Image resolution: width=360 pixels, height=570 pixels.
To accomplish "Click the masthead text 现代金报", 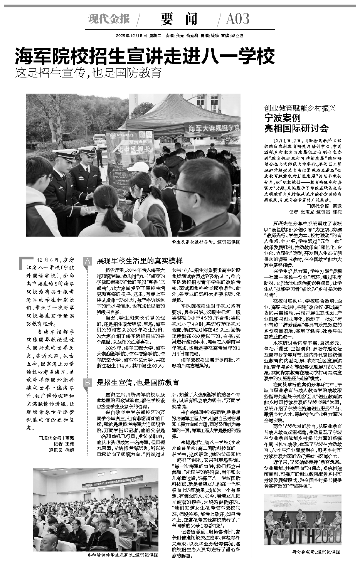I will [109, 18].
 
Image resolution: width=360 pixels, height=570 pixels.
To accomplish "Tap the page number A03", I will [238, 18].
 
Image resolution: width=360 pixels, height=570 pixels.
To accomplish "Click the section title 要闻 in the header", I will [180, 18].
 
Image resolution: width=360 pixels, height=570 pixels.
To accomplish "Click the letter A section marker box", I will [87, 261].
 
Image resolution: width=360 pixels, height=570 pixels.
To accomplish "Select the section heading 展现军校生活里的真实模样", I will [139, 261].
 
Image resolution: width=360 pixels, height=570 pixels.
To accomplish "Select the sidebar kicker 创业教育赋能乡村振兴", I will [300, 108].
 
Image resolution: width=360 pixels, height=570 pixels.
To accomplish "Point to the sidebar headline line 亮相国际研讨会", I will [296, 128].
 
